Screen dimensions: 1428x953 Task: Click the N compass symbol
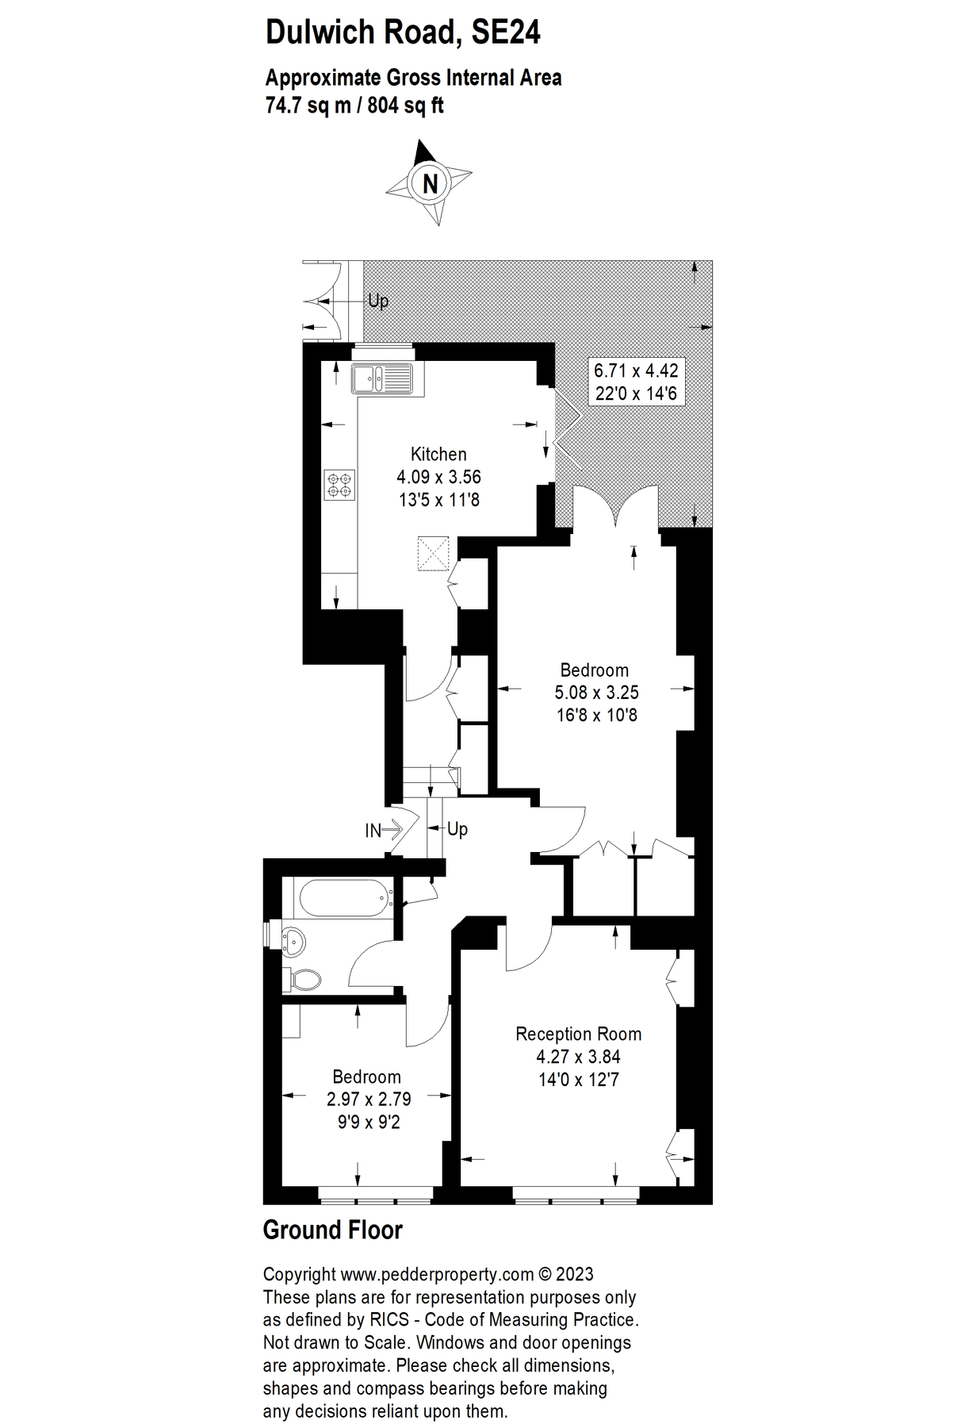click(x=430, y=183)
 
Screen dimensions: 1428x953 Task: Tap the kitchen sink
click(x=382, y=378)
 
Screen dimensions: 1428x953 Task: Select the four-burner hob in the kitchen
click(x=341, y=485)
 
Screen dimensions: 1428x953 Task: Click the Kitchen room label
click(x=438, y=455)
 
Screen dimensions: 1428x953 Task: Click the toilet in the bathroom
click(x=304, y=979)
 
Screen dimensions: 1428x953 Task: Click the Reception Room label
click(x=578, y=1034)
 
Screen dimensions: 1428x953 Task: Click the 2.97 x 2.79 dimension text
click(x=369, y=1100)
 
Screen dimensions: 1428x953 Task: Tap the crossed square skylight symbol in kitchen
click(x=433, y=553)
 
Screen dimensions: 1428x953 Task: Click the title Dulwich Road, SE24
click(x=403, y=33)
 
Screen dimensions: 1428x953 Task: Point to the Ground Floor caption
click(x=332, y=1230)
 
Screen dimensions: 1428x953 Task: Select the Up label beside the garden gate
click(x=378, y=301)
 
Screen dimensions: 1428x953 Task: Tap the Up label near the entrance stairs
click(x=457, y=829)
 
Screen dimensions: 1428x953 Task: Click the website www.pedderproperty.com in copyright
click(x=437, y=1275)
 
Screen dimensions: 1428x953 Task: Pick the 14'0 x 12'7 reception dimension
click(x=578, y=1079)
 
